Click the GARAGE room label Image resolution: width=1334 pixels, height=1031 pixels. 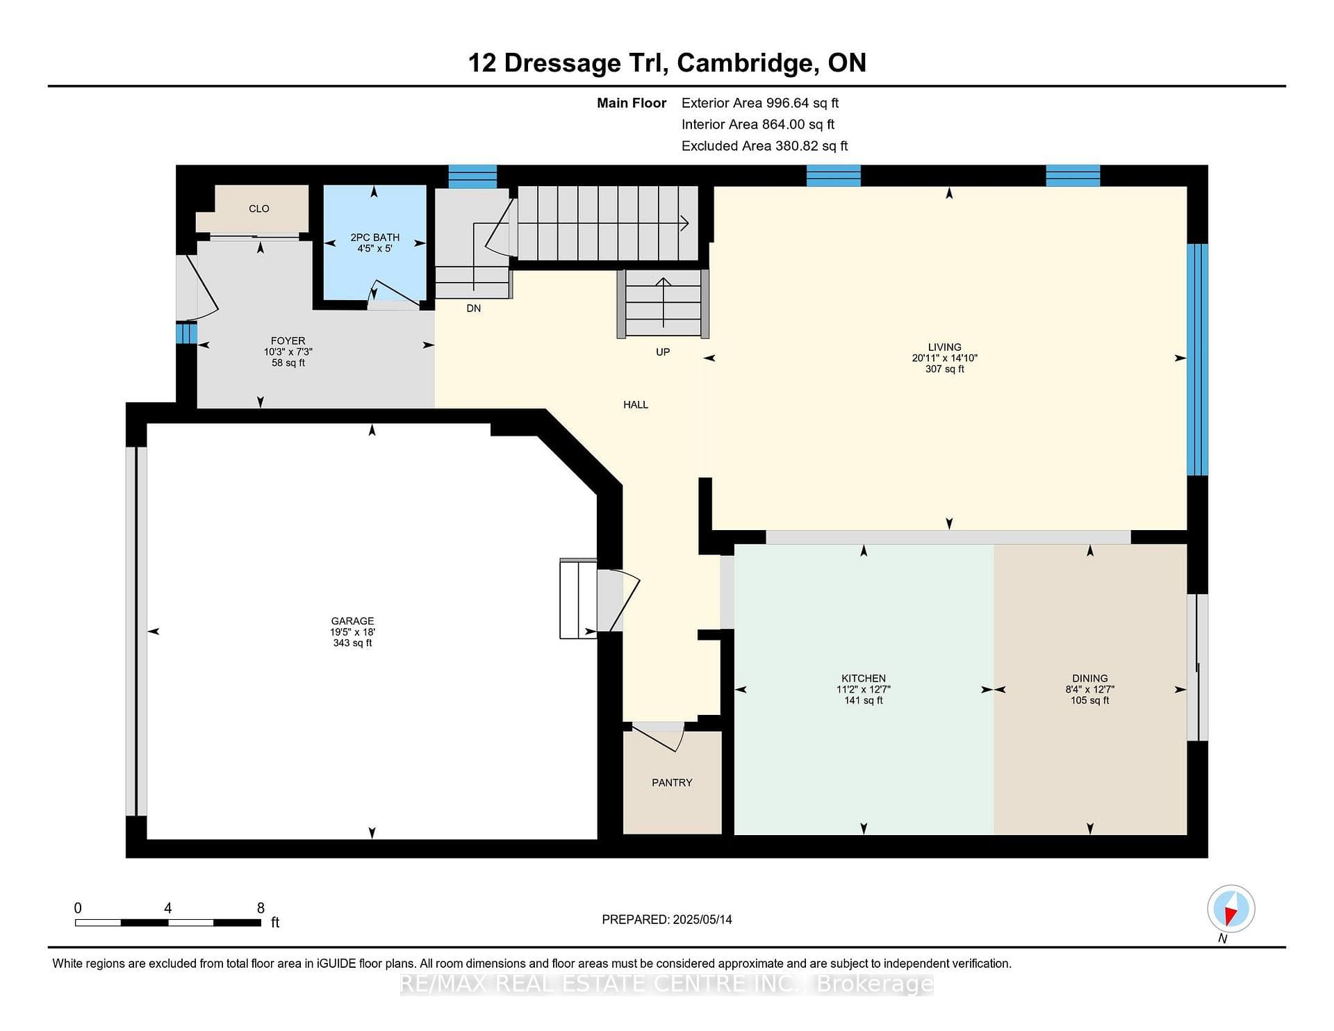pyautogui.click(x=352, y=621)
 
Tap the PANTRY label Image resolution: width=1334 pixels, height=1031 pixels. pyautogui.click(x=672, y=782)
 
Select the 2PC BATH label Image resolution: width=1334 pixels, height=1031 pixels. pyautogui.click(x=374, y=238)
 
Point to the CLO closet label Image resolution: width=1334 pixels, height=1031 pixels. pyautogui.click(x=259, y=208)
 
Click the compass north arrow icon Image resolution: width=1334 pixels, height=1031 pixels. pyautogui.click(x=1230, y=909)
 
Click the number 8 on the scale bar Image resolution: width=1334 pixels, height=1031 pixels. pyautogui.click(x=261, y=908)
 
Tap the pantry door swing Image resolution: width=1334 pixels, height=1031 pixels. pyautogui.click(x=658, y=737)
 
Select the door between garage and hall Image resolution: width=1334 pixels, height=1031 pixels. pyautogui.click(x=618, y=601)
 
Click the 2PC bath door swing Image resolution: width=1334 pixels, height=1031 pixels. pyautogui.click(x=393, y=295)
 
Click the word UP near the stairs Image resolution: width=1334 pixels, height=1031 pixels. pyautogui.click(x=663, y=352)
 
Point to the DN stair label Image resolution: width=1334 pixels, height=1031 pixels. pyautogui.click(x=473, y=308)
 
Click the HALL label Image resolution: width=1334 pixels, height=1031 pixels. pyautogui.click(x=636, y=404)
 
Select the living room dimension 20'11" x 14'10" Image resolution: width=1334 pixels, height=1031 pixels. pyautogui.click(x=945, y=358)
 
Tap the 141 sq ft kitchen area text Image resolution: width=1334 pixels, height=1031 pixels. pyautogui.click(x=864, y=700)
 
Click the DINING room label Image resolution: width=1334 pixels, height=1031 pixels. pyautogui.click(x=1089, y=678)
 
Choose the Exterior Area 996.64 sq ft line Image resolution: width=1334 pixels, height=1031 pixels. pyautogui.click(x=760, y=103)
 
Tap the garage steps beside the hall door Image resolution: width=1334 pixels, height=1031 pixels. pyautogui.click(x=578, y=598)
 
